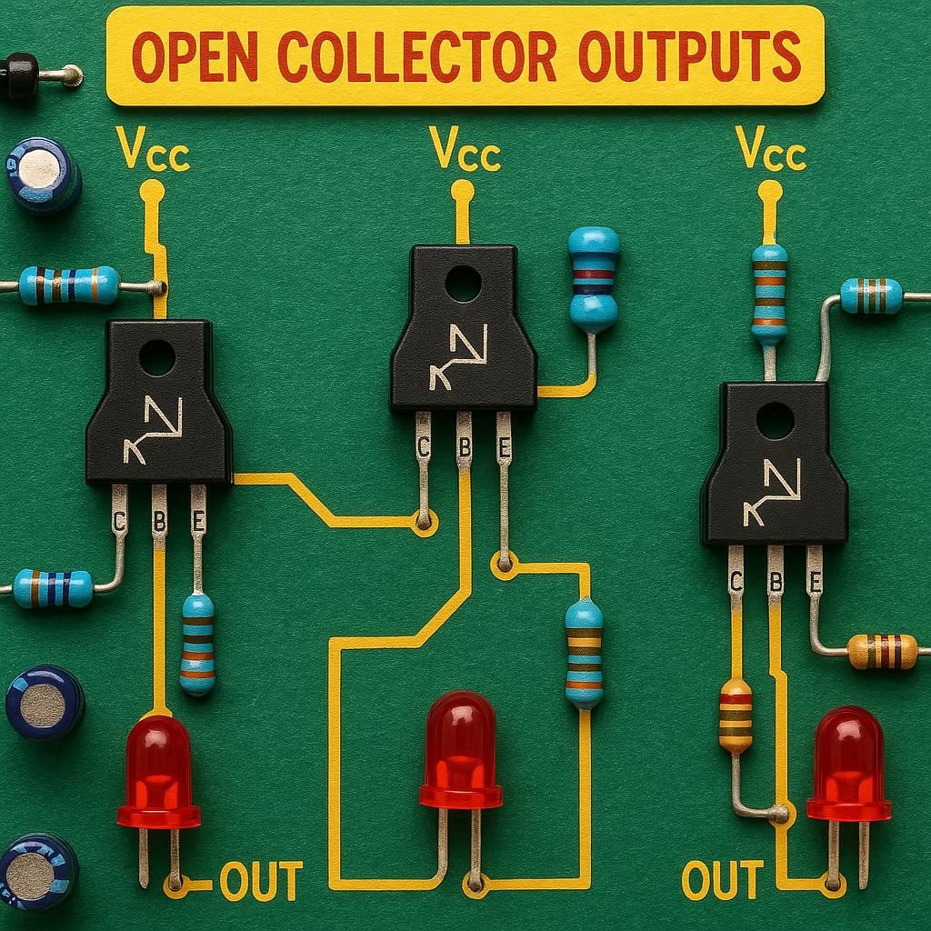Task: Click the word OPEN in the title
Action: click(x=195, y=56)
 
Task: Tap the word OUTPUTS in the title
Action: click(x=690, y=56)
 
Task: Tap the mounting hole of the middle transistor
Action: click(x=463, y=283)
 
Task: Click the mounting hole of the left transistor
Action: click(x=156, y=357)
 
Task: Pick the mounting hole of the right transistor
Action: click(x=775, y=420)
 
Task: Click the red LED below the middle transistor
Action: click(x=461, y=750)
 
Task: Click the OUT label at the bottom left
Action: click(x=261, y=881)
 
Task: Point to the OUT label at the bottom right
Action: click(x=722, y=881)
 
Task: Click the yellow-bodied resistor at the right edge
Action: click(x=882, y=651)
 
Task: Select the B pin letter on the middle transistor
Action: click(x=464, y=448)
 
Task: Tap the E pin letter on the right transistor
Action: click(x=816, y=582)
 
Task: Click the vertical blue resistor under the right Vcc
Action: click(x=769, y=293)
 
